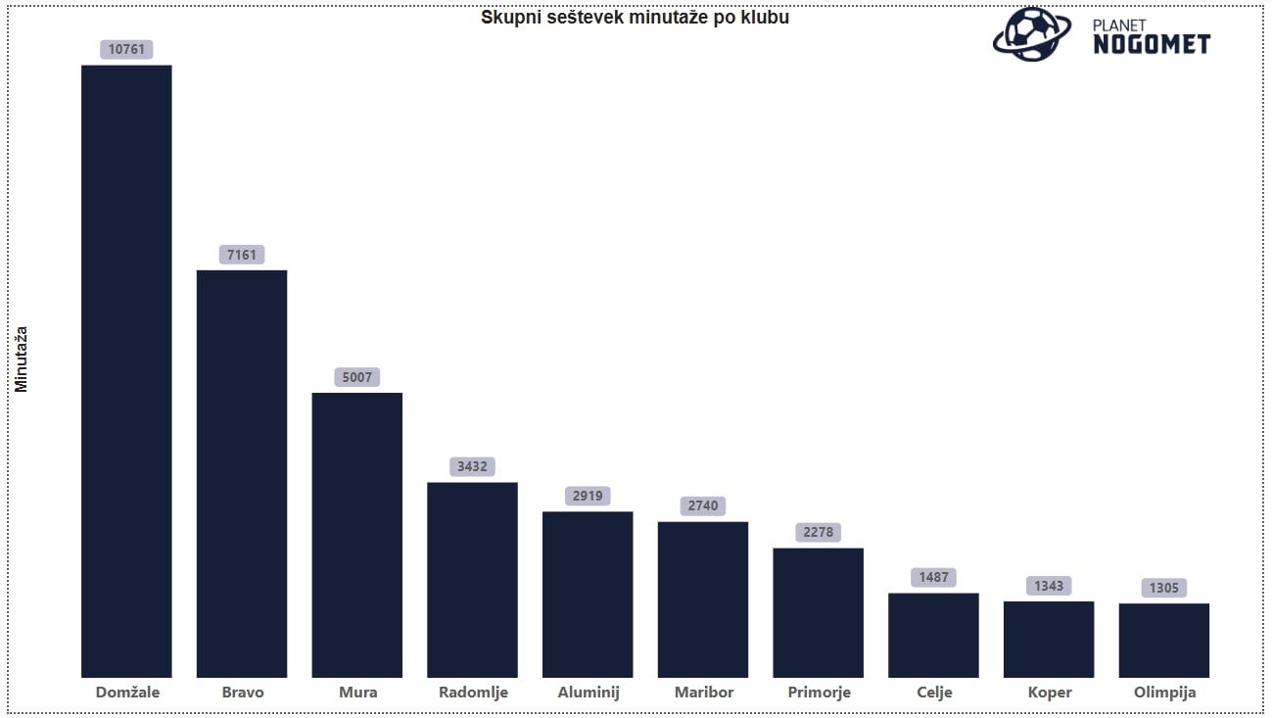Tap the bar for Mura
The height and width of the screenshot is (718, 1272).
click(357, 535)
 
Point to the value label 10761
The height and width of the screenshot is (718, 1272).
click(127, 50)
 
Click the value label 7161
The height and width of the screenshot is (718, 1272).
click(242, 255)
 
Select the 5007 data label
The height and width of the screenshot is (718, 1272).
click(357, 377)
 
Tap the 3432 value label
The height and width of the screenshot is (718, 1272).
click(472, 466)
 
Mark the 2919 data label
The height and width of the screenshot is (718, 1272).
click(588, 496)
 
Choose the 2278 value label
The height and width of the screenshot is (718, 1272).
click(818, 532)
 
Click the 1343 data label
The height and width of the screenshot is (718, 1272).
click(1049, 586)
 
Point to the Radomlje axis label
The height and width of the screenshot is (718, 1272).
click(473, 693)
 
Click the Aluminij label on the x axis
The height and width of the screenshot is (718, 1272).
click(589, 693)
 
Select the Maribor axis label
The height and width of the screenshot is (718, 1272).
click(704, 693)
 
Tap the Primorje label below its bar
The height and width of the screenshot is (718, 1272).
click(819, 693)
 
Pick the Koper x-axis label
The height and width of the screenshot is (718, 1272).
click(1049, 693)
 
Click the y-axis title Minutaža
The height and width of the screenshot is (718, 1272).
click(22, 359)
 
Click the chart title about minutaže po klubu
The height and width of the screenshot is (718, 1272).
click(635, 18)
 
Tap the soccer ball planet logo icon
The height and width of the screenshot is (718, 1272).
click(1032, 35)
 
